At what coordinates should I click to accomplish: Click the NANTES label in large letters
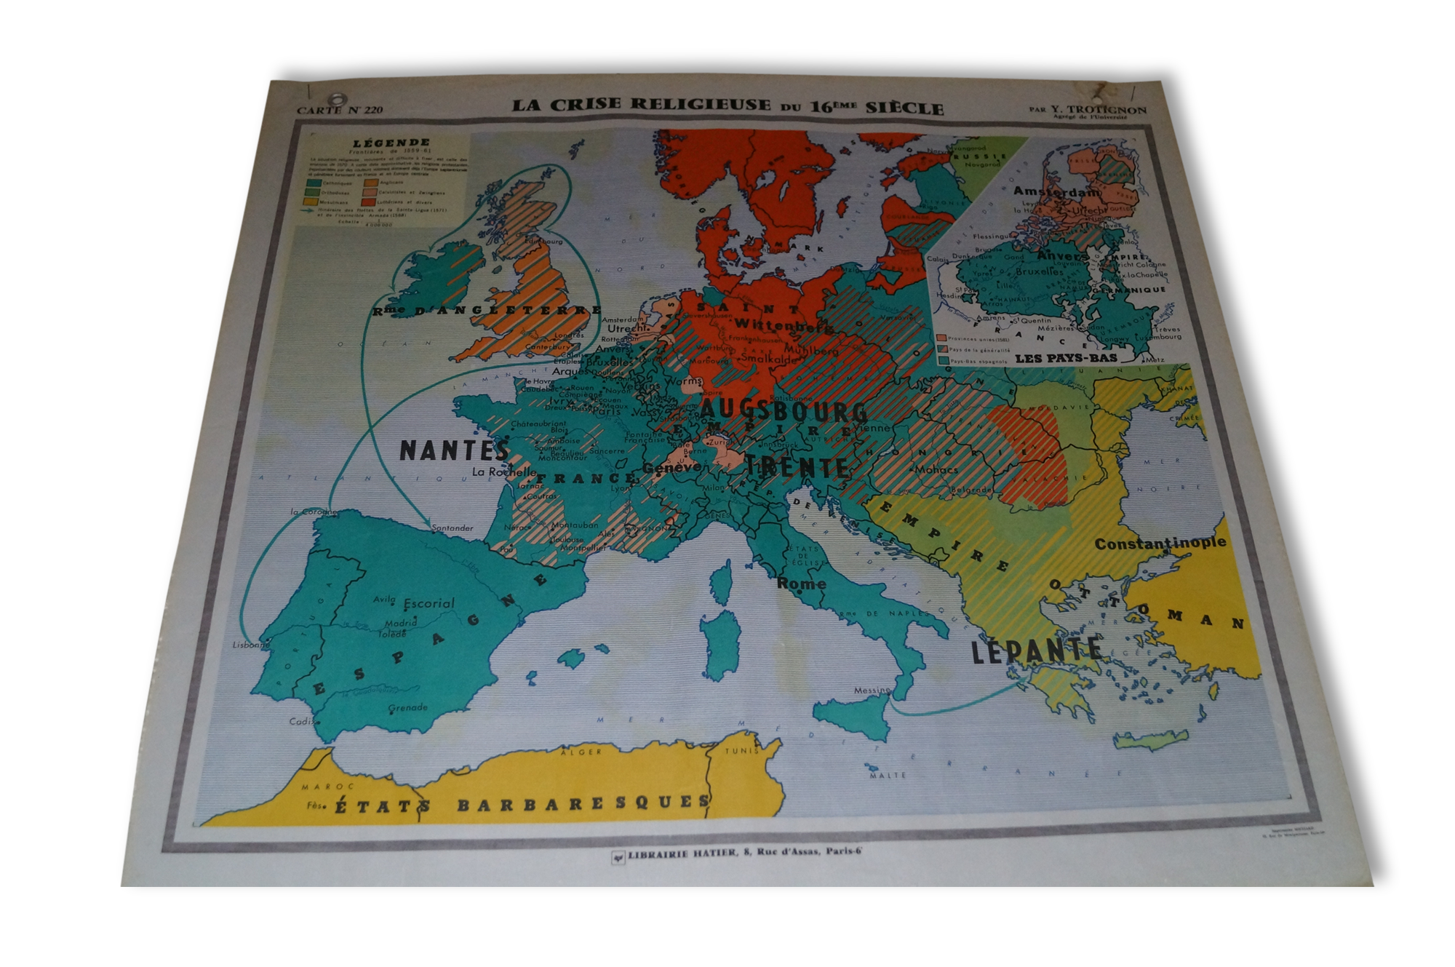[453, 450]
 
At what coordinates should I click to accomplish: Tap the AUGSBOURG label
[784, 413]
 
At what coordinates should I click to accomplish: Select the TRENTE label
[796, 466]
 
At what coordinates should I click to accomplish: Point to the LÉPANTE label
[1037, 649]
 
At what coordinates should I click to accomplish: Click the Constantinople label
[1160, 543]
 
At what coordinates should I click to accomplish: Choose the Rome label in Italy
[801, 583]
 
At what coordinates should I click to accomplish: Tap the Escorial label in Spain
[428, 603]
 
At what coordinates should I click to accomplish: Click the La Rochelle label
[503, 471]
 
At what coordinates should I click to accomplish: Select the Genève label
[671, 467]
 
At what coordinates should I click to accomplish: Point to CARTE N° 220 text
[339, 111]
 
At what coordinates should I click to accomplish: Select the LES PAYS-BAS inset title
[1066, 357]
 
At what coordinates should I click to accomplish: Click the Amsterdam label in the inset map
[1056, 192]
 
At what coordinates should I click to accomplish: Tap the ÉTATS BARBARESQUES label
[521, 805]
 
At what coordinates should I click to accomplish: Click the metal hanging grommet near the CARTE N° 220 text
[337, 99]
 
